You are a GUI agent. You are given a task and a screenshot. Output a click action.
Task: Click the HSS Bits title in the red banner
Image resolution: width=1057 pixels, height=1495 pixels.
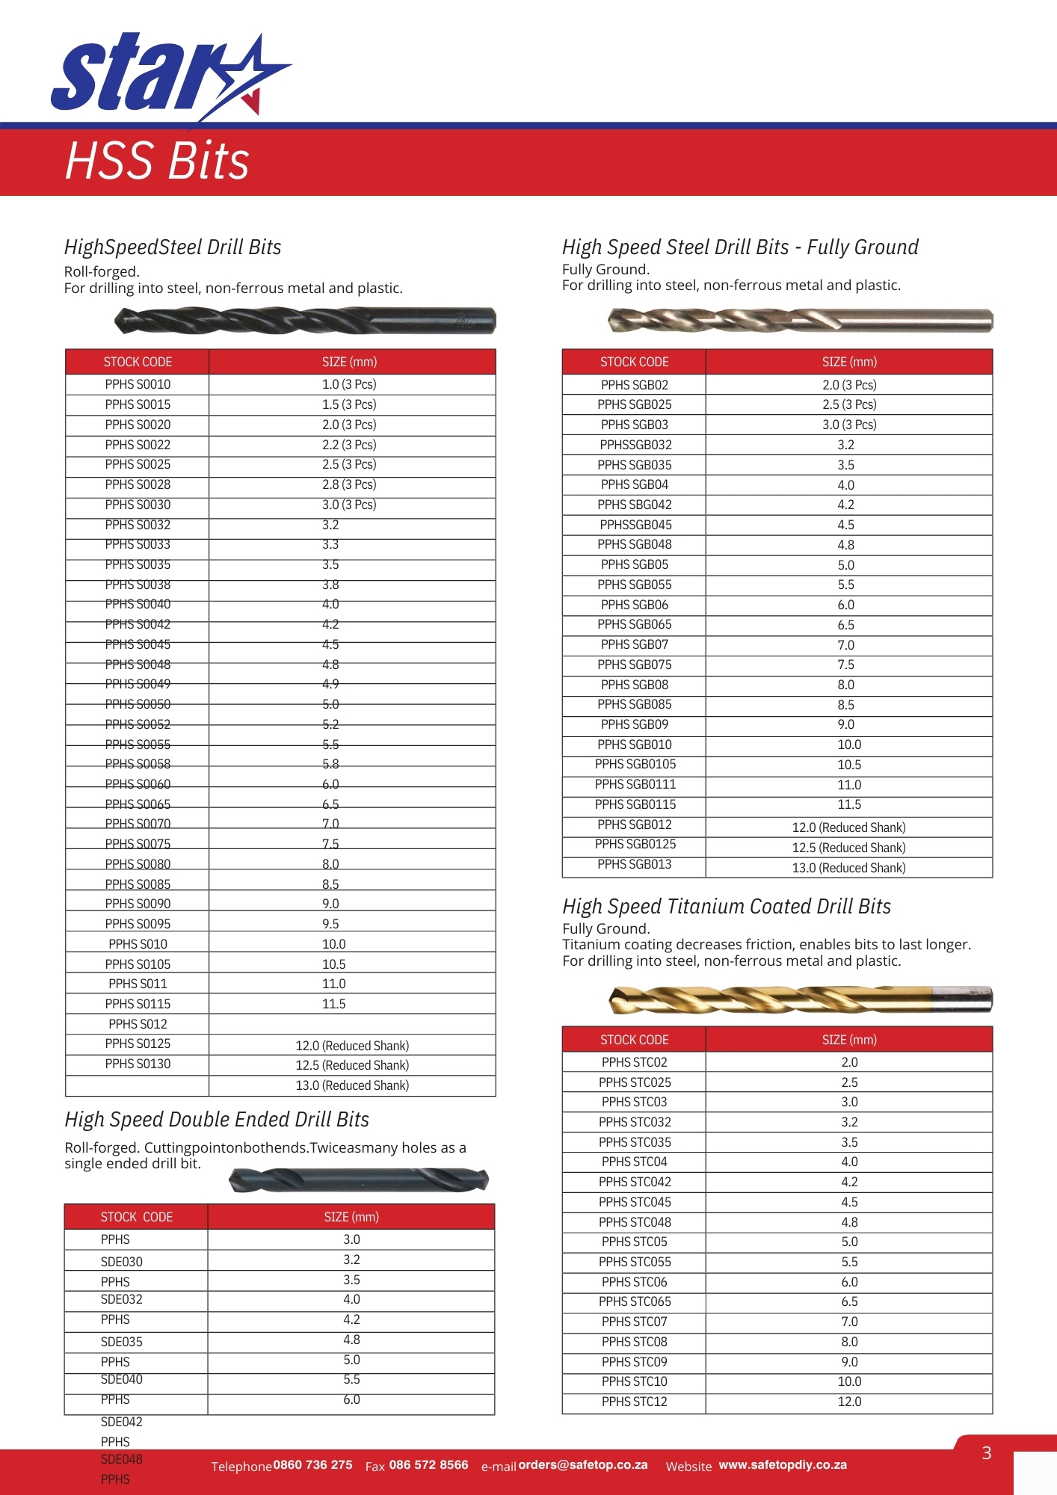[x=157, y=161]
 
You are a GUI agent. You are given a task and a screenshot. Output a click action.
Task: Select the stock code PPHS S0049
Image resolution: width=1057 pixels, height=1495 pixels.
[x=138, y=684]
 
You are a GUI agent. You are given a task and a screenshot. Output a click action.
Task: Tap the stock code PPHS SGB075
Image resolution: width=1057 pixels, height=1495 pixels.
[x=634, y=665]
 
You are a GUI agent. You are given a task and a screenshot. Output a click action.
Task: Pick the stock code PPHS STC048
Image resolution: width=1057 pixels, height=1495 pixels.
[x=634, y=1222]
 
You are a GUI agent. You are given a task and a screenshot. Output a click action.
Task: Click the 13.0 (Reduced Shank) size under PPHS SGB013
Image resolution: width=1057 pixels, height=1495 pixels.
[x=848, y=868]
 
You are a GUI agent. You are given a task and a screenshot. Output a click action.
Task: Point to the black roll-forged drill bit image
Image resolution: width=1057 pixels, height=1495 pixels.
[x=305, y=321]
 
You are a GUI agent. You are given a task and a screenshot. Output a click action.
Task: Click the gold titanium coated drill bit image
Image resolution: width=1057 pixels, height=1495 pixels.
[x=800, y=999]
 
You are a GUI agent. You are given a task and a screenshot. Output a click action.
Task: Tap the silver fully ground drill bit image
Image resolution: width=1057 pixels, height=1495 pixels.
[x=800, y=321]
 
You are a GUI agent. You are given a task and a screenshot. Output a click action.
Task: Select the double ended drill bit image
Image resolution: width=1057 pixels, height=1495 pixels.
[x=359, y=1180]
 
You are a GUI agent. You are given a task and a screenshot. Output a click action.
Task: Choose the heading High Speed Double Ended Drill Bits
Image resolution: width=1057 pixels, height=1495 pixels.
[x=217, y=1120]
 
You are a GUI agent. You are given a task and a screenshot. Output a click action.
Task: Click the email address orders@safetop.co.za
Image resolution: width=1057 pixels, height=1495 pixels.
[x=583, y=1465]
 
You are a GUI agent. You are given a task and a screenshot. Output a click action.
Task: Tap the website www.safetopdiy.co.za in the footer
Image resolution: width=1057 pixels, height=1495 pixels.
[x=783, y=1465]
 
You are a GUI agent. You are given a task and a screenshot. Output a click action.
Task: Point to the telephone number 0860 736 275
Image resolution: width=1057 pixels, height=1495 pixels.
[x=312, y=1465]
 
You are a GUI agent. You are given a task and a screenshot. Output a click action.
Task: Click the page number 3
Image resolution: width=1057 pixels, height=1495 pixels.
[x=987, y=1453]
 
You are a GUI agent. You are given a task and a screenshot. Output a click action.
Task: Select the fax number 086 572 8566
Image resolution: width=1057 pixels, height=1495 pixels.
[x=428, y=1465]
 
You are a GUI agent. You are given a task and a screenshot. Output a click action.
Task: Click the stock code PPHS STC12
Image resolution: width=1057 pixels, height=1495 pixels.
[x=634, y=1402]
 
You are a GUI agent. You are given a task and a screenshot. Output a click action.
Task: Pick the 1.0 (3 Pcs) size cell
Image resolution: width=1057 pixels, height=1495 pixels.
[x=349, y=384]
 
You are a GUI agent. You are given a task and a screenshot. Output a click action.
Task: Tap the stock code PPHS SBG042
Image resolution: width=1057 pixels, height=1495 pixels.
[x=634, y=505]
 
